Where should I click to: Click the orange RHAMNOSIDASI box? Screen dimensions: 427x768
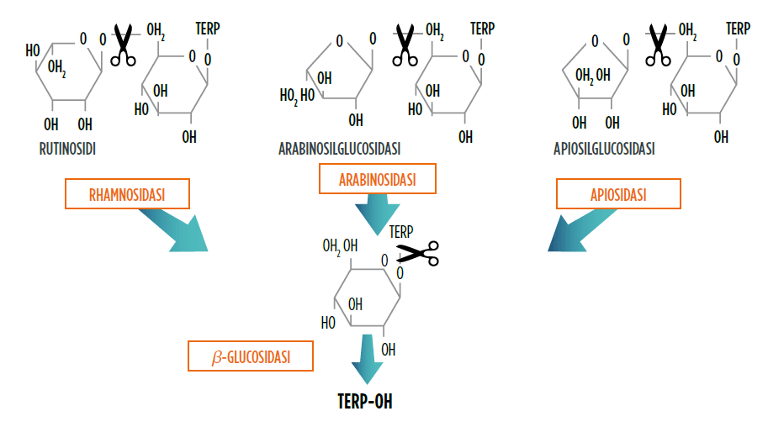click(127, 195)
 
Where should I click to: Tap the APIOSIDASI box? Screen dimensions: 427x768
click(618, 195)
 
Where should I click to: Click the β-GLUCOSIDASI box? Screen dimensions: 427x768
click(250, 356)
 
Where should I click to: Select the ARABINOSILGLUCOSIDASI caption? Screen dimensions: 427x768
click(339, 148)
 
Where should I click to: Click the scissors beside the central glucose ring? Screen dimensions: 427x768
click(418, 252)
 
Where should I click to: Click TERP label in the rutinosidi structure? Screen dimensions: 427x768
click(206, 28)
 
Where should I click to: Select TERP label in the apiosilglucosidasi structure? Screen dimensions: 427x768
click(738, 28)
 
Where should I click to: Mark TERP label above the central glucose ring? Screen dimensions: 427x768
click(401, 230)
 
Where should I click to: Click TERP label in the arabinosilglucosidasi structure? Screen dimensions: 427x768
click(482, 28)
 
